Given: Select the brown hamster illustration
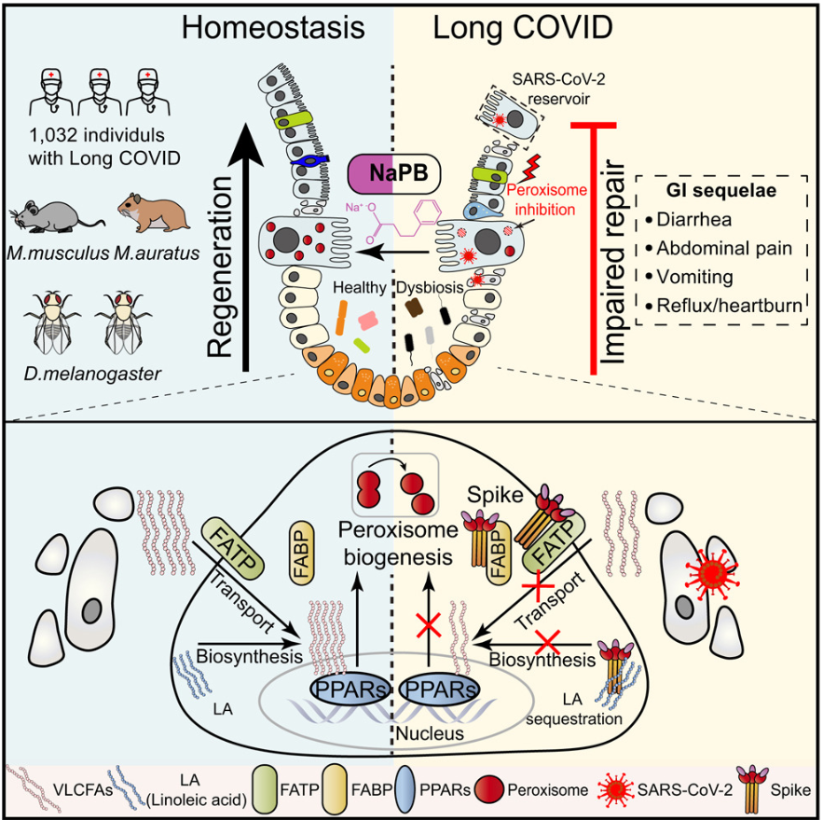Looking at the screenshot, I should [153, 210].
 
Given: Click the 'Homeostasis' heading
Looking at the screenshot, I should [272, 27].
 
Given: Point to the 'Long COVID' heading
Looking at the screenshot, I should [523, 27].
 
